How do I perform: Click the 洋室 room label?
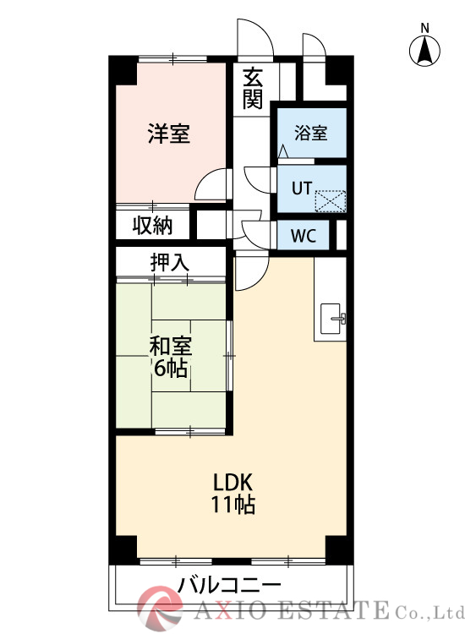(x=168, y=134)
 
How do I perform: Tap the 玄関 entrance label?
(x=253, y=89)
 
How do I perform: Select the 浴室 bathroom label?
(x=310, y=133)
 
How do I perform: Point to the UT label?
(x=302, y=189)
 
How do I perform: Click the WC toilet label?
(x=304, y=236)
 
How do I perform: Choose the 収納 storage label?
(x=152, y=226)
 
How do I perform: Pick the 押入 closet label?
(x=170, y=263)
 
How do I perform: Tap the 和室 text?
(x=171, y=347)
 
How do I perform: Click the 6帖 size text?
(x=170, y=369)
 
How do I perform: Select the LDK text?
(x=232, y=483)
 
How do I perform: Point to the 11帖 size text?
(x=232, y=504)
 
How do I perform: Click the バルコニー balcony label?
(x=229, y=585)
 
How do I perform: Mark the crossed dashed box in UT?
(x=331, y=201)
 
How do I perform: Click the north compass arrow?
(x=424, y=52)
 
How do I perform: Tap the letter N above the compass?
(x=424, y=28)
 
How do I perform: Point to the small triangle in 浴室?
(x=283, y=151)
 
